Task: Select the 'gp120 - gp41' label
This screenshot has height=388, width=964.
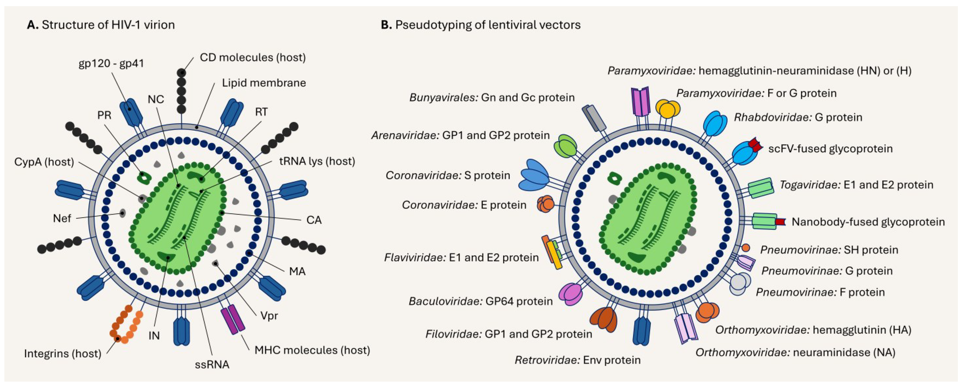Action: coord(111,63)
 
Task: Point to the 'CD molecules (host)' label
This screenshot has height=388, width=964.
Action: coord(253,57)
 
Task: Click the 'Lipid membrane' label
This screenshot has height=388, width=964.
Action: coord(264,83)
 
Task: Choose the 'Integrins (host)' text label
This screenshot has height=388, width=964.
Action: coord(63,353)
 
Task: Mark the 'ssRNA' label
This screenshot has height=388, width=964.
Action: coord(212,364)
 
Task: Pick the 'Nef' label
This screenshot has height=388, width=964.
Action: coord(62,218)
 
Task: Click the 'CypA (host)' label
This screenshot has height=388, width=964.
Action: coord(44,162)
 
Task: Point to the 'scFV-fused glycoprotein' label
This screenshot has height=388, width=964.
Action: coord(830,149)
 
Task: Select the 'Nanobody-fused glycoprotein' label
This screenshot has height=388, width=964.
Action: coord(868,222)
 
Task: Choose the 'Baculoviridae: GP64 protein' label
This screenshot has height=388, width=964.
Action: coord(481,301)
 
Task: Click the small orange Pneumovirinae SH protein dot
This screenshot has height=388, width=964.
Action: coord(745,248)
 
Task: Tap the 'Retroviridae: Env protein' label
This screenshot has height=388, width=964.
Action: coord(577,360)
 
